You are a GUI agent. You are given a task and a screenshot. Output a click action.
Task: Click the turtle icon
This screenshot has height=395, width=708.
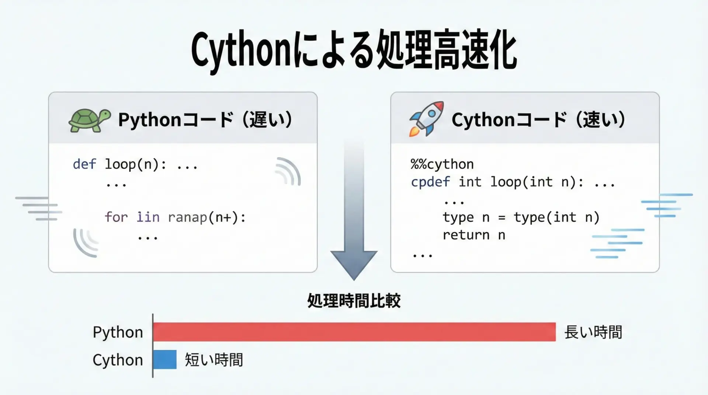(x=90, y=120)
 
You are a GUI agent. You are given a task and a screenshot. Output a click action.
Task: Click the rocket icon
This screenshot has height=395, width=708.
(x=426, y=119)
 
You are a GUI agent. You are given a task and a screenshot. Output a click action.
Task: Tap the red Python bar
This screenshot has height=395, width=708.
(x=354, y=332)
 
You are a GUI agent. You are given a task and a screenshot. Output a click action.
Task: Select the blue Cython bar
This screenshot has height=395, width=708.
(x=165, y=359)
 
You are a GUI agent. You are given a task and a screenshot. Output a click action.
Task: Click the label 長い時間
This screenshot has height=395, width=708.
(x=593, y=332)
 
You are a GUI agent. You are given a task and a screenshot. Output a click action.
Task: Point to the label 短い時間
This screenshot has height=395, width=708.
(x=214, y=360)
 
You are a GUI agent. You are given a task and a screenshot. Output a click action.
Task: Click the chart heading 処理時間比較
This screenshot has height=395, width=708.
(x=354, y=301)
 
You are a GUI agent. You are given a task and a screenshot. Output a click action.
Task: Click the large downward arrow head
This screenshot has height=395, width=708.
(x=354, y=264)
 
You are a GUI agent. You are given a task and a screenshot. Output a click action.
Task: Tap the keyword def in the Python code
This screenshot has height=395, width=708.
(x=84, y=164)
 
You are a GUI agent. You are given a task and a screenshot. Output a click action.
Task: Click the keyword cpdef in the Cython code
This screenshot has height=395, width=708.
(x=430, y=182)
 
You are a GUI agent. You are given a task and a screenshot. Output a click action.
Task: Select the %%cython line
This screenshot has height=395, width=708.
(x=442, y=164)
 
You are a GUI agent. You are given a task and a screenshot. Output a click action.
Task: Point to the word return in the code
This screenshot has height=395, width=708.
(x=466, y=235)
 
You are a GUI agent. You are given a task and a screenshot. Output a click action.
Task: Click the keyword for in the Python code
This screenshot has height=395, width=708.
(x=116, y=217)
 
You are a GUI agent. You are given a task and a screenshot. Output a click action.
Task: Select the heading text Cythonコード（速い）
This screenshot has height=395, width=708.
(x=538, y=120)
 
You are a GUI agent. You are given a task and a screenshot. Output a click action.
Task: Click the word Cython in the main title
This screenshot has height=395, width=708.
(x=242, y=52)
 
